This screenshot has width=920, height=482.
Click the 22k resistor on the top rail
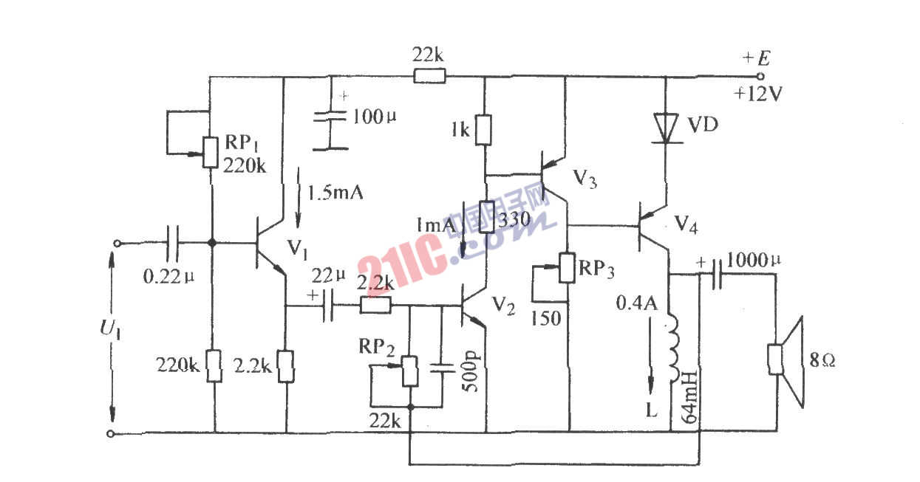point(429,76)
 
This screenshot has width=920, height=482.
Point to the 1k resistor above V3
point(485,129)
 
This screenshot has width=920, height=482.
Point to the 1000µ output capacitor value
point(756,260)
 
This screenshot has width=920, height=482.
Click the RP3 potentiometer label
point(596,269)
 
